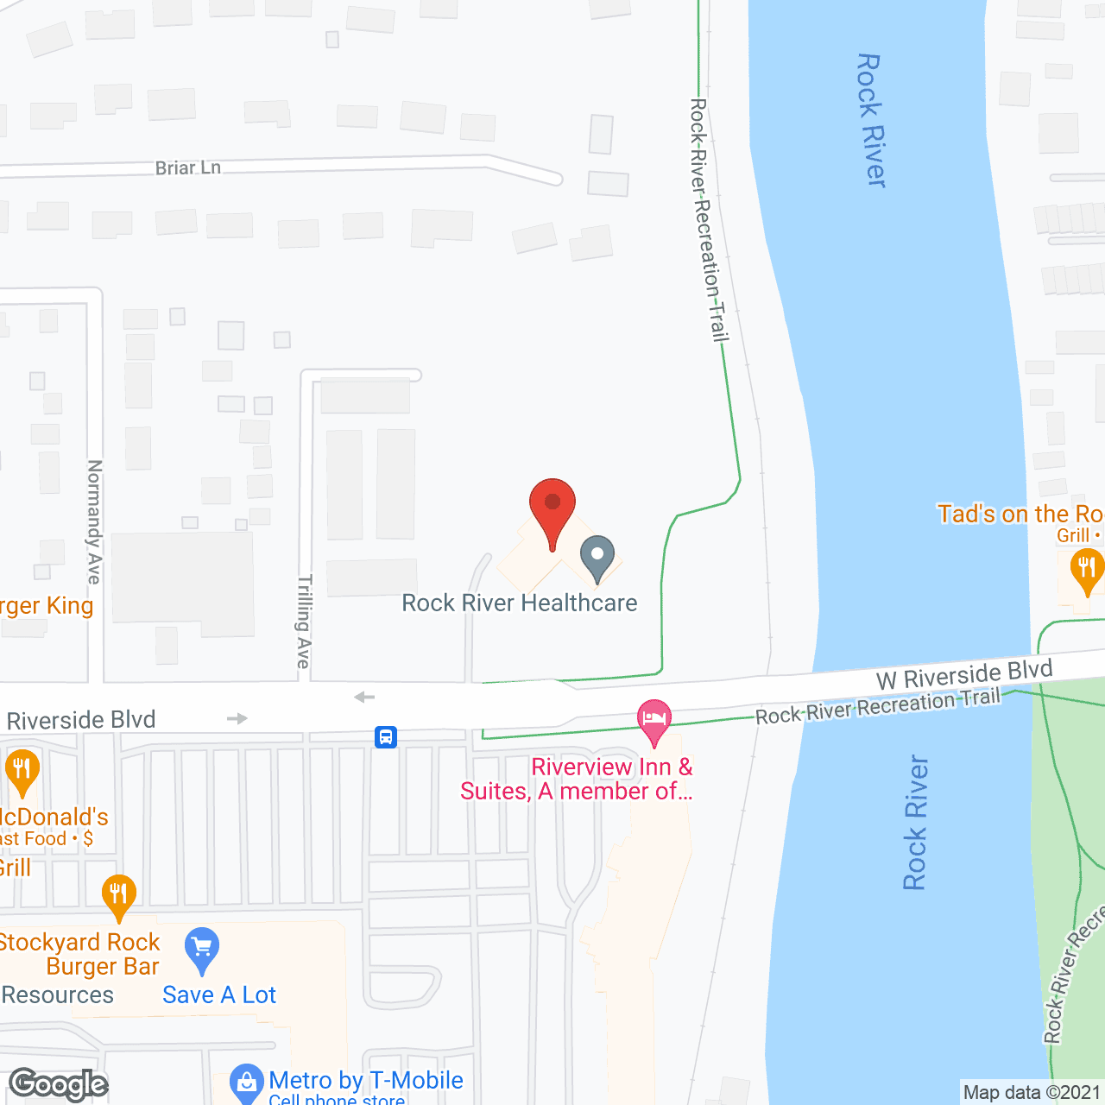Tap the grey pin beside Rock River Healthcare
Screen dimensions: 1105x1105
click(597, 557)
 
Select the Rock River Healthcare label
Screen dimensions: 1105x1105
click(520, 603)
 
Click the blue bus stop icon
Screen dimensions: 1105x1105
click(386, 737)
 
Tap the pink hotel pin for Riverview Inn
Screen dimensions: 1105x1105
click(654, 720)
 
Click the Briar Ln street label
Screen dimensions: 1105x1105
click(188, 167)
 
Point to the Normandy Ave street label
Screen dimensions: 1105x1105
click(94, 521)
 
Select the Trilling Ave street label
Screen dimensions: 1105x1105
click(303, 622)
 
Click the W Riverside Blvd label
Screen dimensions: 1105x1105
click(964, 675)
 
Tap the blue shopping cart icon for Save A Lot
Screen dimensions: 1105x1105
click(202, 950)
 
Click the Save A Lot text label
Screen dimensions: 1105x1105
click(219, 994)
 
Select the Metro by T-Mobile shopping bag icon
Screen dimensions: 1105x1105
click(247, 1081)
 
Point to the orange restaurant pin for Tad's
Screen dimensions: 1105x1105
click(1086, 570)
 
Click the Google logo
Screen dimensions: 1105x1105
click(59, 1084)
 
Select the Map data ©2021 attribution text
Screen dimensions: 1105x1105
click(1032, 1093)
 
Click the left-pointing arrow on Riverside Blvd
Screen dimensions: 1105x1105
click(364, 697)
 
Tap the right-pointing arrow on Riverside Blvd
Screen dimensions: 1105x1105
click(237, 718)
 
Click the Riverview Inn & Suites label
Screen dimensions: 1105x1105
click(577, 779)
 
